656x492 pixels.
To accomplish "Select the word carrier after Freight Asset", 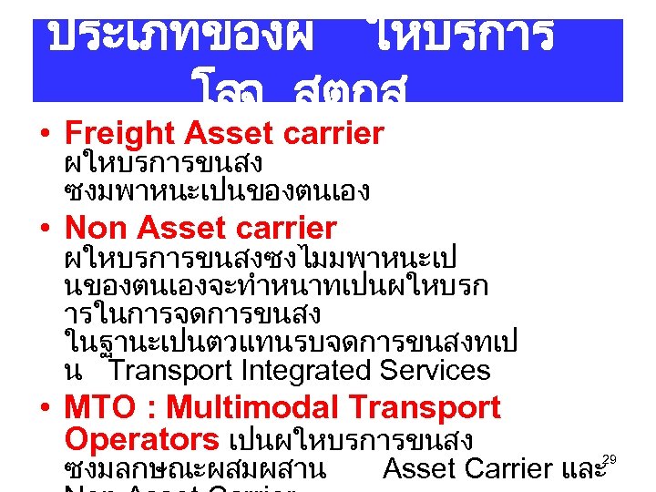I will coord(334,135).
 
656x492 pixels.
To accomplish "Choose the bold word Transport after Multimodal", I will coord(425,407).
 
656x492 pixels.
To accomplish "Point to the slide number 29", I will coord(610,459).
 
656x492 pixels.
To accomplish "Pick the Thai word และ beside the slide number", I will coord(583,470).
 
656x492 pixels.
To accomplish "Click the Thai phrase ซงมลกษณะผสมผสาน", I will coord(196,470).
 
